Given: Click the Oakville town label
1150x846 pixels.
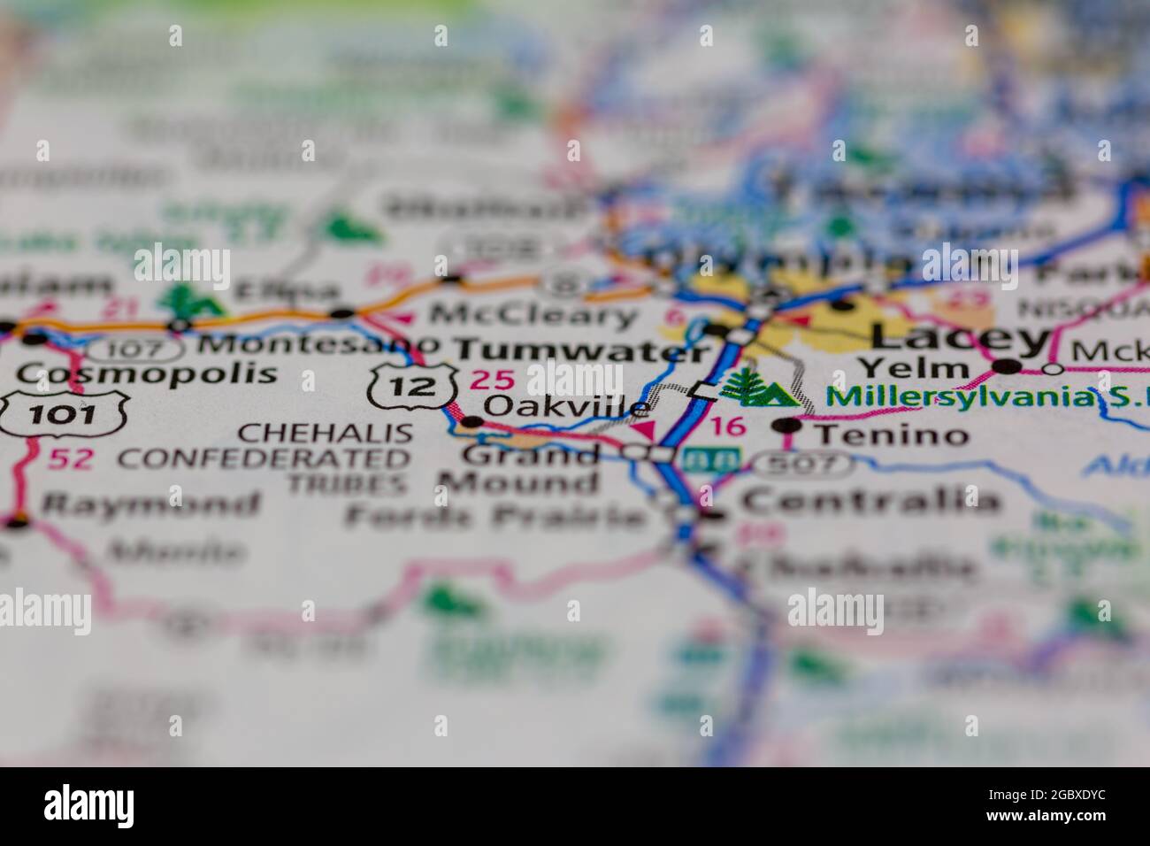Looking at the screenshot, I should (567, 406).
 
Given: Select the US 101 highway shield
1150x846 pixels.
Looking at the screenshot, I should (64, 411).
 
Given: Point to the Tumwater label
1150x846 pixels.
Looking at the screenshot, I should (582, 350).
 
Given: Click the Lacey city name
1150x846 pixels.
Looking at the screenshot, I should (960, 336).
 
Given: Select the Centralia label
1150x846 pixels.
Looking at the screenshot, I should (870, 501).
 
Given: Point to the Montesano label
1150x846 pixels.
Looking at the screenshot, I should (316, 343).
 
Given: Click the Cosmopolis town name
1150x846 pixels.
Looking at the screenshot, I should (146, 373).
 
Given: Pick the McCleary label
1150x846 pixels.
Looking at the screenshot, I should (533, 314).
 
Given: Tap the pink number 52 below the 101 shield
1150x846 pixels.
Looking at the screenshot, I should (71, 458).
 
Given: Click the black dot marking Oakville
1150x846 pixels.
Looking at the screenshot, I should (472, 422).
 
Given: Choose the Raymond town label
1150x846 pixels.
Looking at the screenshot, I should (151, 505).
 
